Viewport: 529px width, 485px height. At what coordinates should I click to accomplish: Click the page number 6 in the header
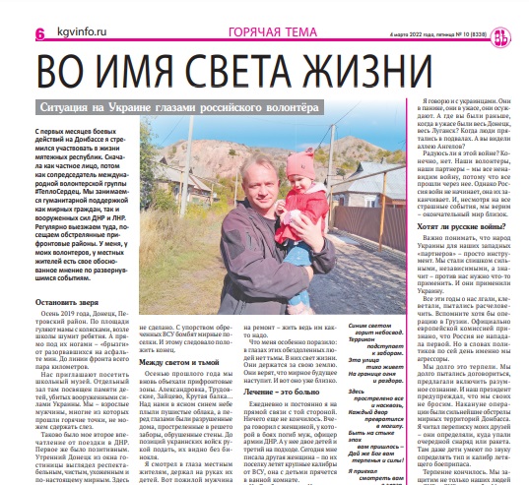tap(12, 34)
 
